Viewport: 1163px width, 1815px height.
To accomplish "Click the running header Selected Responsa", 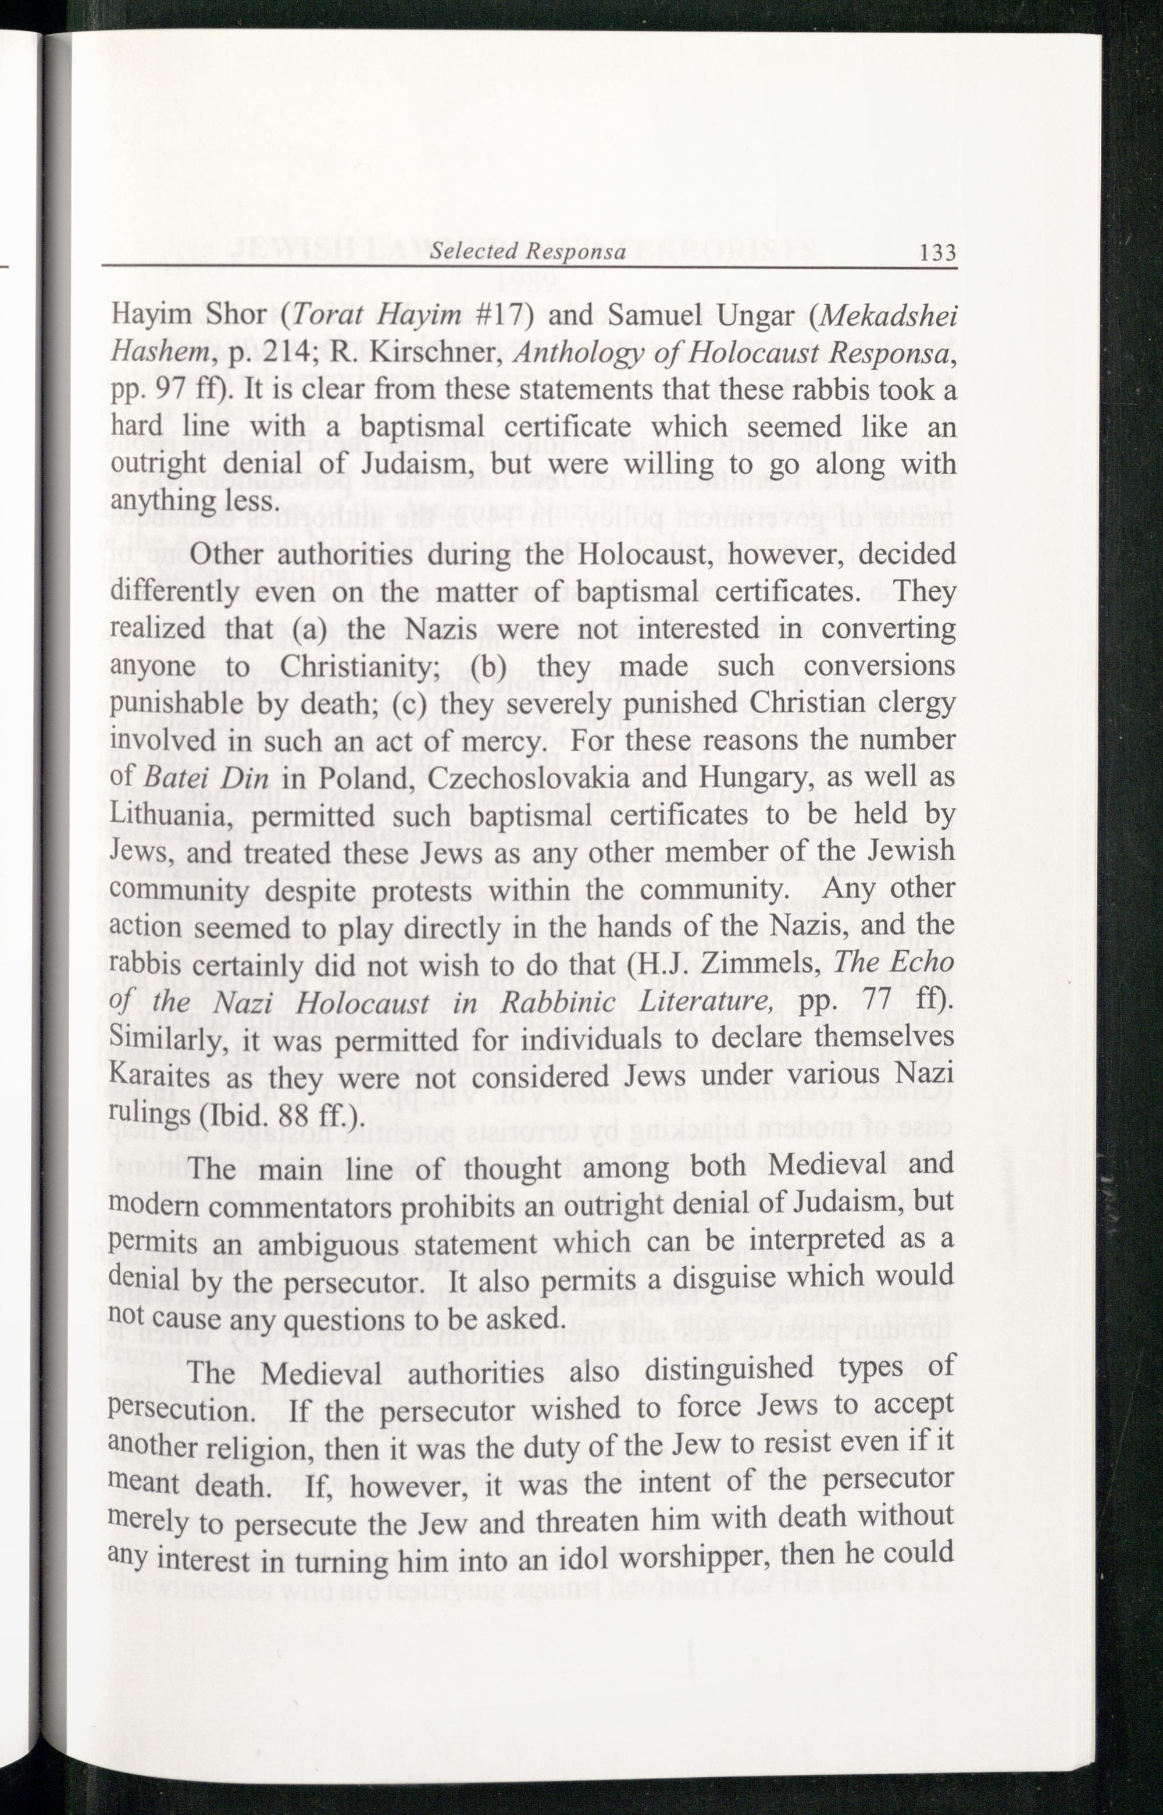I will [527, 251].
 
